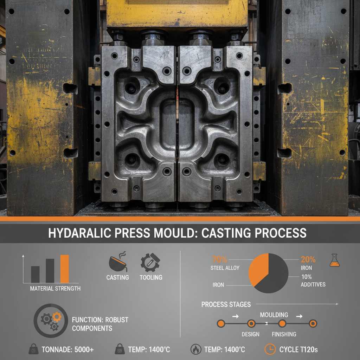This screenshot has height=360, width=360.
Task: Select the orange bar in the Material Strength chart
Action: coord(64,269)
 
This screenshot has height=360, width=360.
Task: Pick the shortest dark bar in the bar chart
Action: coord(35,274)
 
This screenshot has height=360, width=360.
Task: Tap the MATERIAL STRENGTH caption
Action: coord(55,289)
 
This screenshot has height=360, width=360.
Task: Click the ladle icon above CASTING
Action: coord(117,262)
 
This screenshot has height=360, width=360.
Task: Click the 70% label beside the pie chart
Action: coord(220,260)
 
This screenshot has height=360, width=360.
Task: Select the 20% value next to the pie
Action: coord(308,260)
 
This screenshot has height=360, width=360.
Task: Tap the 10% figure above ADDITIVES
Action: coord(306,277)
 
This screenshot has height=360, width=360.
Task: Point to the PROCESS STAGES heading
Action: coord(226,304)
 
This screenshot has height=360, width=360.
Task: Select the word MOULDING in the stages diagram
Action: coord(274,315)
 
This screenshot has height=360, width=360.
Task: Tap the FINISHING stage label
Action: coord(284,334)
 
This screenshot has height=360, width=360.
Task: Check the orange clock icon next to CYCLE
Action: coord(270,349)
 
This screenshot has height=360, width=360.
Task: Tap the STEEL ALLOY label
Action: coord(225,268)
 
